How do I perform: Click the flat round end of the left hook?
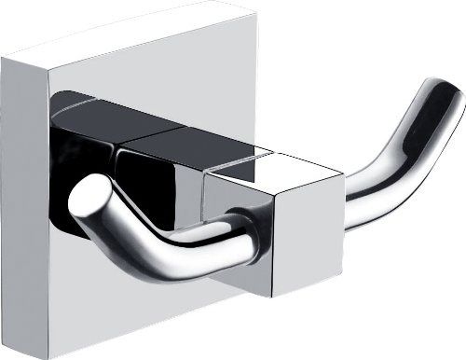click(88, 204)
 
